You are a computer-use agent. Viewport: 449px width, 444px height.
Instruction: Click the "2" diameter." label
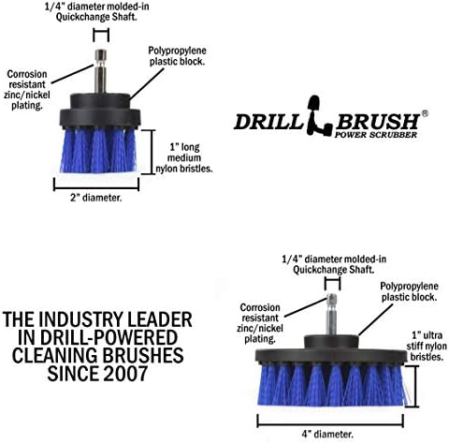(x=95, y=198)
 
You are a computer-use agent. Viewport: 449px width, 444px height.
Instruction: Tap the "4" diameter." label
(x=327, y=434)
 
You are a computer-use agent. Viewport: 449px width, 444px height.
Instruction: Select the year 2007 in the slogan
(x=125, y=374)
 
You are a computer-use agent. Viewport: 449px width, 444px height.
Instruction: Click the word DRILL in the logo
(x=268, y=122)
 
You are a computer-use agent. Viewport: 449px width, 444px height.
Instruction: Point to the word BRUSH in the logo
(x=378, y=122)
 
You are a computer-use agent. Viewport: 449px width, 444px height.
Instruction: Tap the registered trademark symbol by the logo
(x=425, y=113)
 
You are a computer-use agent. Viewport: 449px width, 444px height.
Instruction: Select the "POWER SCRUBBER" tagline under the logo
(x=376, y=135)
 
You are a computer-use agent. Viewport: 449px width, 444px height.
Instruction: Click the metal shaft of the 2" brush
(x=100, y=71)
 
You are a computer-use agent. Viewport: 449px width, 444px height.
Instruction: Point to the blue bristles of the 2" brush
(x=98, y=151)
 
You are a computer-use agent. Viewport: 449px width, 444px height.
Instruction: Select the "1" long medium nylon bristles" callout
(x=184, y=157)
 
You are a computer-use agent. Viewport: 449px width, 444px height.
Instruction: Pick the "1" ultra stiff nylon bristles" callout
(x=427, y=346)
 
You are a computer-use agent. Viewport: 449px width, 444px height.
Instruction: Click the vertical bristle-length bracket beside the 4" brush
(x=413, y=386)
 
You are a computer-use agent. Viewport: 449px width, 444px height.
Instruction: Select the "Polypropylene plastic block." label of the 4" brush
(x=409, y=291)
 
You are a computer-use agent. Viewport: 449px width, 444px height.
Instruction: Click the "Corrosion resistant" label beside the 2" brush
(x=27, y=80)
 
